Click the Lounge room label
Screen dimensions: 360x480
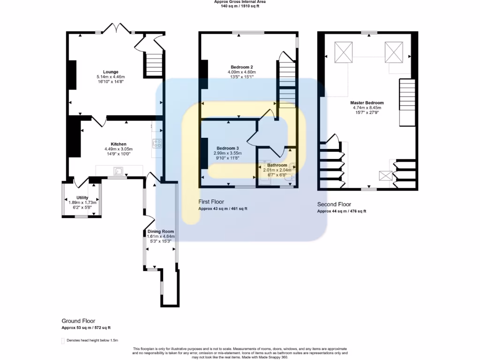click(x=111, y=72)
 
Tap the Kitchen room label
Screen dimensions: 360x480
click(x=118, y=144)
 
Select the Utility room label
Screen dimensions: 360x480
click(x=82, y=197)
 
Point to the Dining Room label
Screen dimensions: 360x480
click(x=161, y=232)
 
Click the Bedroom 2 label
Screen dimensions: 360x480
click(x=241, y=67)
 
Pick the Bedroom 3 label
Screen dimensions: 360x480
click(x=228, y=148)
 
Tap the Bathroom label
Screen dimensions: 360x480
click(x=277, y=165)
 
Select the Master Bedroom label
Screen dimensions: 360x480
click(x=367, y=103)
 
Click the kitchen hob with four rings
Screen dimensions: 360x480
click(x=157, y=143)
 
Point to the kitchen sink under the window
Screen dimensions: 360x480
click(x=117, y=172)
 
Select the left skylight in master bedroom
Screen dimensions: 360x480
click(x=343, y=51)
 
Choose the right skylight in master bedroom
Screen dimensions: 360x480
click(x=394, y=51)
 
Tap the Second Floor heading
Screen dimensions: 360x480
click(x=334, y=204)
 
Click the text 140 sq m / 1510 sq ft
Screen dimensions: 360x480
click(x=240, y=7)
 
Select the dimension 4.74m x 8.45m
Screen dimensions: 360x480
click(x=367, y=107)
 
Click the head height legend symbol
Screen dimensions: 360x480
click(x=63, y=340)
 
